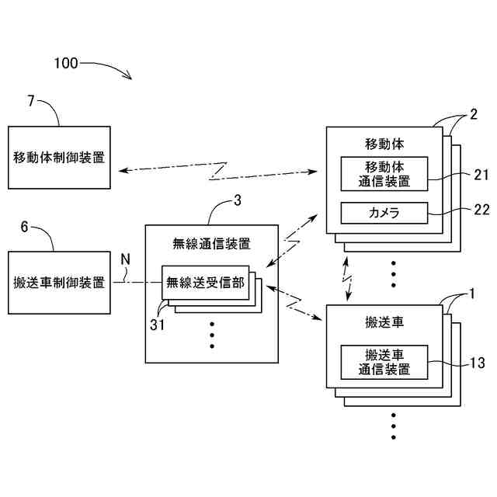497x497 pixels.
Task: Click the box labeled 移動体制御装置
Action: [59, 158]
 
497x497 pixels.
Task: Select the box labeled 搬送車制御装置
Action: [59, 283]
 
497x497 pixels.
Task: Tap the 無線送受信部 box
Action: [205, 283]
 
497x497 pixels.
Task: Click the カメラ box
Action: [384, 213]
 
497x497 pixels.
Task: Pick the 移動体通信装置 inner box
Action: [384, 174]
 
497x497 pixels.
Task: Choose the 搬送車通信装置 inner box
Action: [384, 363]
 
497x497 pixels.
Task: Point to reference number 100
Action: [66, 63]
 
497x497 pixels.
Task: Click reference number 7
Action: [31, 101]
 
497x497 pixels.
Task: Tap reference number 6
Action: [24, 227]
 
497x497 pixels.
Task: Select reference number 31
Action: [157, 325]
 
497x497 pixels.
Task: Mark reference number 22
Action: [481, 209]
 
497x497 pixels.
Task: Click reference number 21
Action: [481, 175]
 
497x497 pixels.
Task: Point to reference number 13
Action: [478, 363]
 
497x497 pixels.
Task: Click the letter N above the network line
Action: [126, 259]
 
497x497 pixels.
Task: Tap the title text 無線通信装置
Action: [212, 244]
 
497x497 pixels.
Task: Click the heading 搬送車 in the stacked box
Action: [384, 322]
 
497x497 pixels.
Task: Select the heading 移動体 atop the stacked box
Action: [384, 144]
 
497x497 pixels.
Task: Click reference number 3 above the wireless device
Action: [238, 200]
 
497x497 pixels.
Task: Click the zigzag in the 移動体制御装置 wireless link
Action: [218, 171]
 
